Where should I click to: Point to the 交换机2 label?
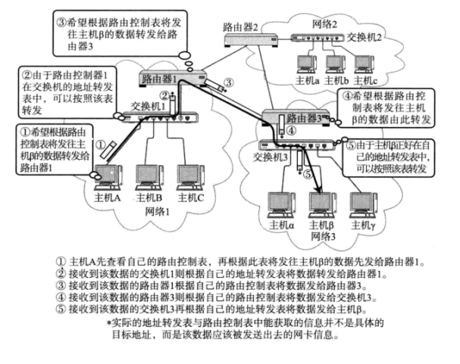(x=365, y=36)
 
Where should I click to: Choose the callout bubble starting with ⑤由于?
(x=395, y=154)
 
